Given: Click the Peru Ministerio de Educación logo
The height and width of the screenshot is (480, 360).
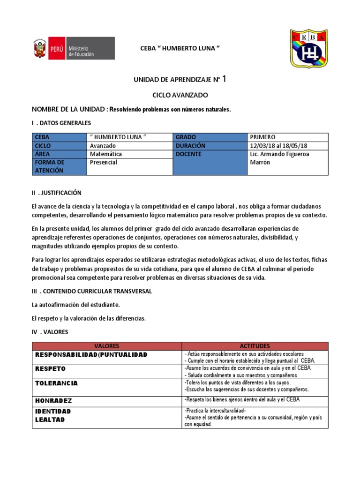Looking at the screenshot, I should [73, 48].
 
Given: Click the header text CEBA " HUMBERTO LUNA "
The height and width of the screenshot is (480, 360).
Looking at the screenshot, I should [180, 49].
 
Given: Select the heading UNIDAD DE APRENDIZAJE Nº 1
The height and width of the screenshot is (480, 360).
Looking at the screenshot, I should [180, 80].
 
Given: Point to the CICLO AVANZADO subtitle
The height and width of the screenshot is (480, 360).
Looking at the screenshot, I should [180, 95].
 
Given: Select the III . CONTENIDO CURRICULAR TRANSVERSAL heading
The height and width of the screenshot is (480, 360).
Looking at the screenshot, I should [91, 291].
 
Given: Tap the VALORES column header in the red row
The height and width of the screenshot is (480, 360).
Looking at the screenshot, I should [106, 346].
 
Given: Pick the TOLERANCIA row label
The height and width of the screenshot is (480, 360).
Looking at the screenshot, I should [56, 383].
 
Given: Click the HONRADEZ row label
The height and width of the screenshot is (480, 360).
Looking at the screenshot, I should [53, 401].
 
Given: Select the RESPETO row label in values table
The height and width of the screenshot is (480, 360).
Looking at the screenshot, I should [50, 369].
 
